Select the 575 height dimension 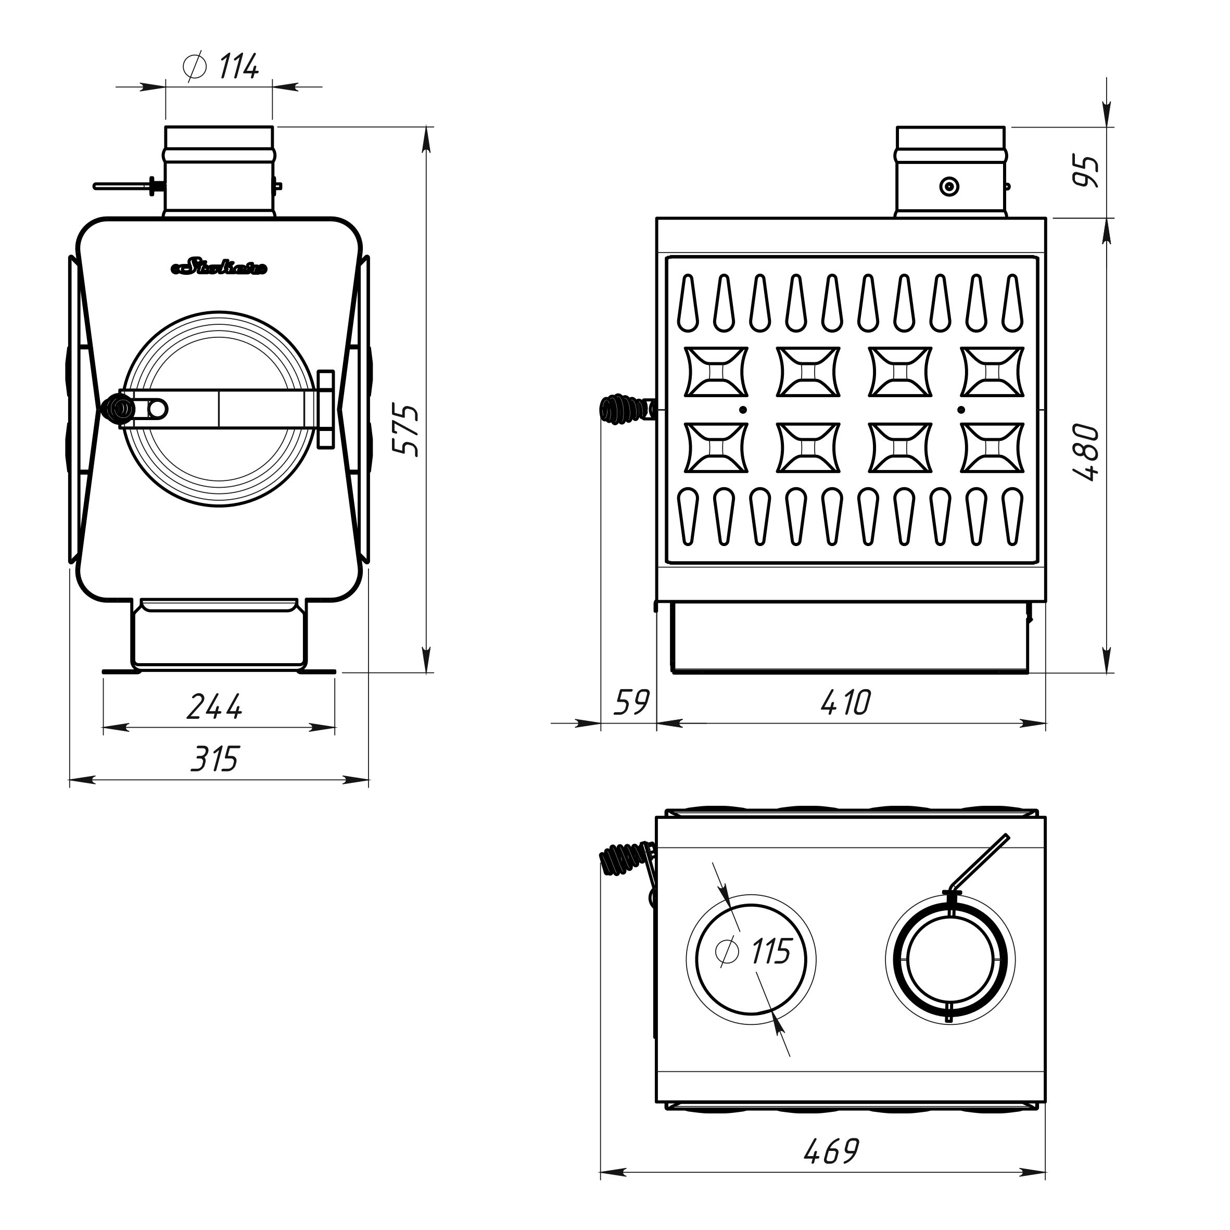[406, 429]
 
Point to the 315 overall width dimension [214, 759]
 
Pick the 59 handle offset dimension [630, 703]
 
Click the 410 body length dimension [845, 703]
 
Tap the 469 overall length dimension [831, 1150]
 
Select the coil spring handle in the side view [621, 409]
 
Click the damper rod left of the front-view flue [124, 186]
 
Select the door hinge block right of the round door [325, 409]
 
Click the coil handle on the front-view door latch [118, 408]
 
